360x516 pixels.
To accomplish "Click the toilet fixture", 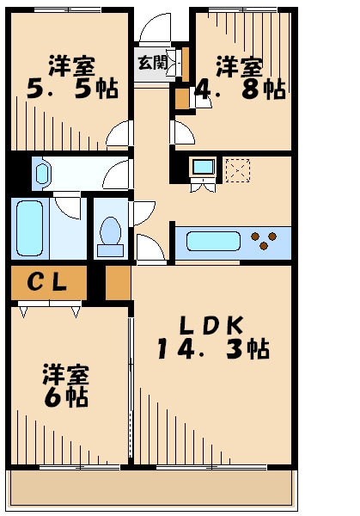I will coord(110,233).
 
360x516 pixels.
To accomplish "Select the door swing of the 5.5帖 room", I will coord(120,135).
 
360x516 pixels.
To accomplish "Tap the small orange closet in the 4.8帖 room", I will coord(181,98).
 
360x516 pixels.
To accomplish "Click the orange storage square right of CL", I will coord(118,281).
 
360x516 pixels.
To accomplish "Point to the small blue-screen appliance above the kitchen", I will coord(203,167).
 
